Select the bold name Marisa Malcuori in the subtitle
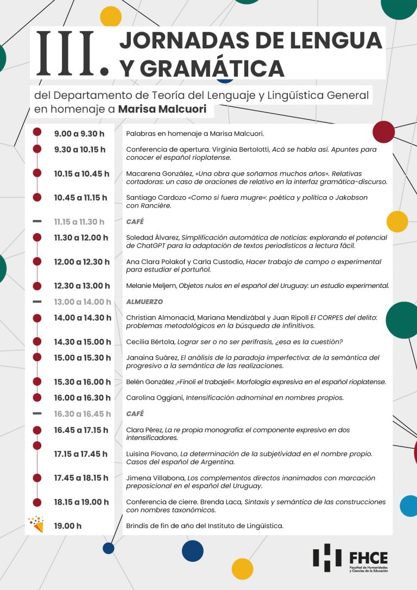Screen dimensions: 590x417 162,109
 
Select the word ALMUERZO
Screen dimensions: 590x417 144,302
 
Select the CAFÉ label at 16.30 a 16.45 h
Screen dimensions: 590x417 135,413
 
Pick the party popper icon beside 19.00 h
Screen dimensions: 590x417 36,524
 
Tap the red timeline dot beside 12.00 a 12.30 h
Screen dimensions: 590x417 37,262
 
